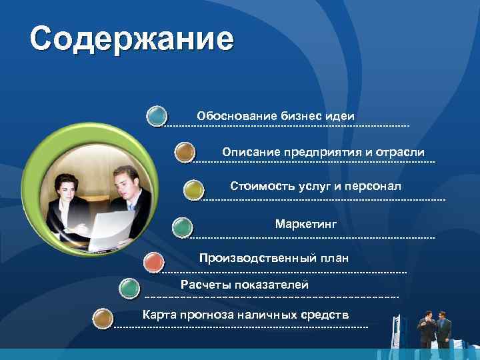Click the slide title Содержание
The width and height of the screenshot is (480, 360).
tap(131, 39)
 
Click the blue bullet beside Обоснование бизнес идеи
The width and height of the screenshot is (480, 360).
tap(157, 116)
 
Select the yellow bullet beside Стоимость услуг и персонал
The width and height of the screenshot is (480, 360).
tap(193, 190)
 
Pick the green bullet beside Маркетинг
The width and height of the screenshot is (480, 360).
tap(182, 227)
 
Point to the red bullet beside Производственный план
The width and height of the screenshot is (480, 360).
tap(154, 262)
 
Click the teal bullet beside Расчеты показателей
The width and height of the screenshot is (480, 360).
tap(128, 289)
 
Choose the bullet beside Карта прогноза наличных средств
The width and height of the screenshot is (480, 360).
tap(102, 318)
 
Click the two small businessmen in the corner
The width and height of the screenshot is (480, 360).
tap(434, 328)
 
